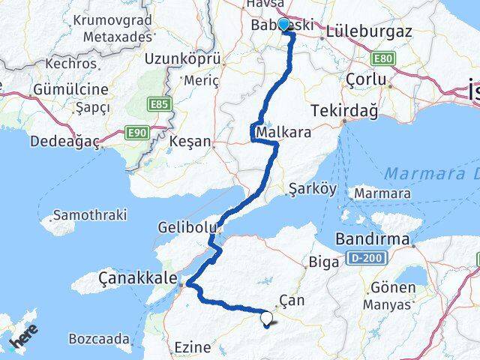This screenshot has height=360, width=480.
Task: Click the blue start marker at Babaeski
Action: [x=283, y=25]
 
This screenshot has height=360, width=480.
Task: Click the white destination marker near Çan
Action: [x=267, y=319]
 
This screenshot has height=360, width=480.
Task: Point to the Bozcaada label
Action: [x=99, y=339]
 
